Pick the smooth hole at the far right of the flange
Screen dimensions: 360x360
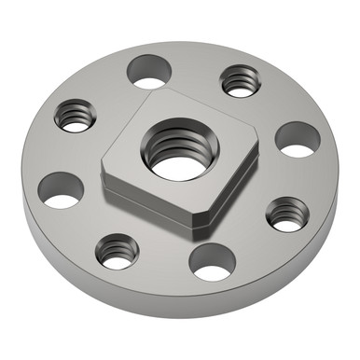tap(298, 139)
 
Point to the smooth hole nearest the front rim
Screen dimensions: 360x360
tap(213, 262)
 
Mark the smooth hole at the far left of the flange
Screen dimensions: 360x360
tap(62, 189)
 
